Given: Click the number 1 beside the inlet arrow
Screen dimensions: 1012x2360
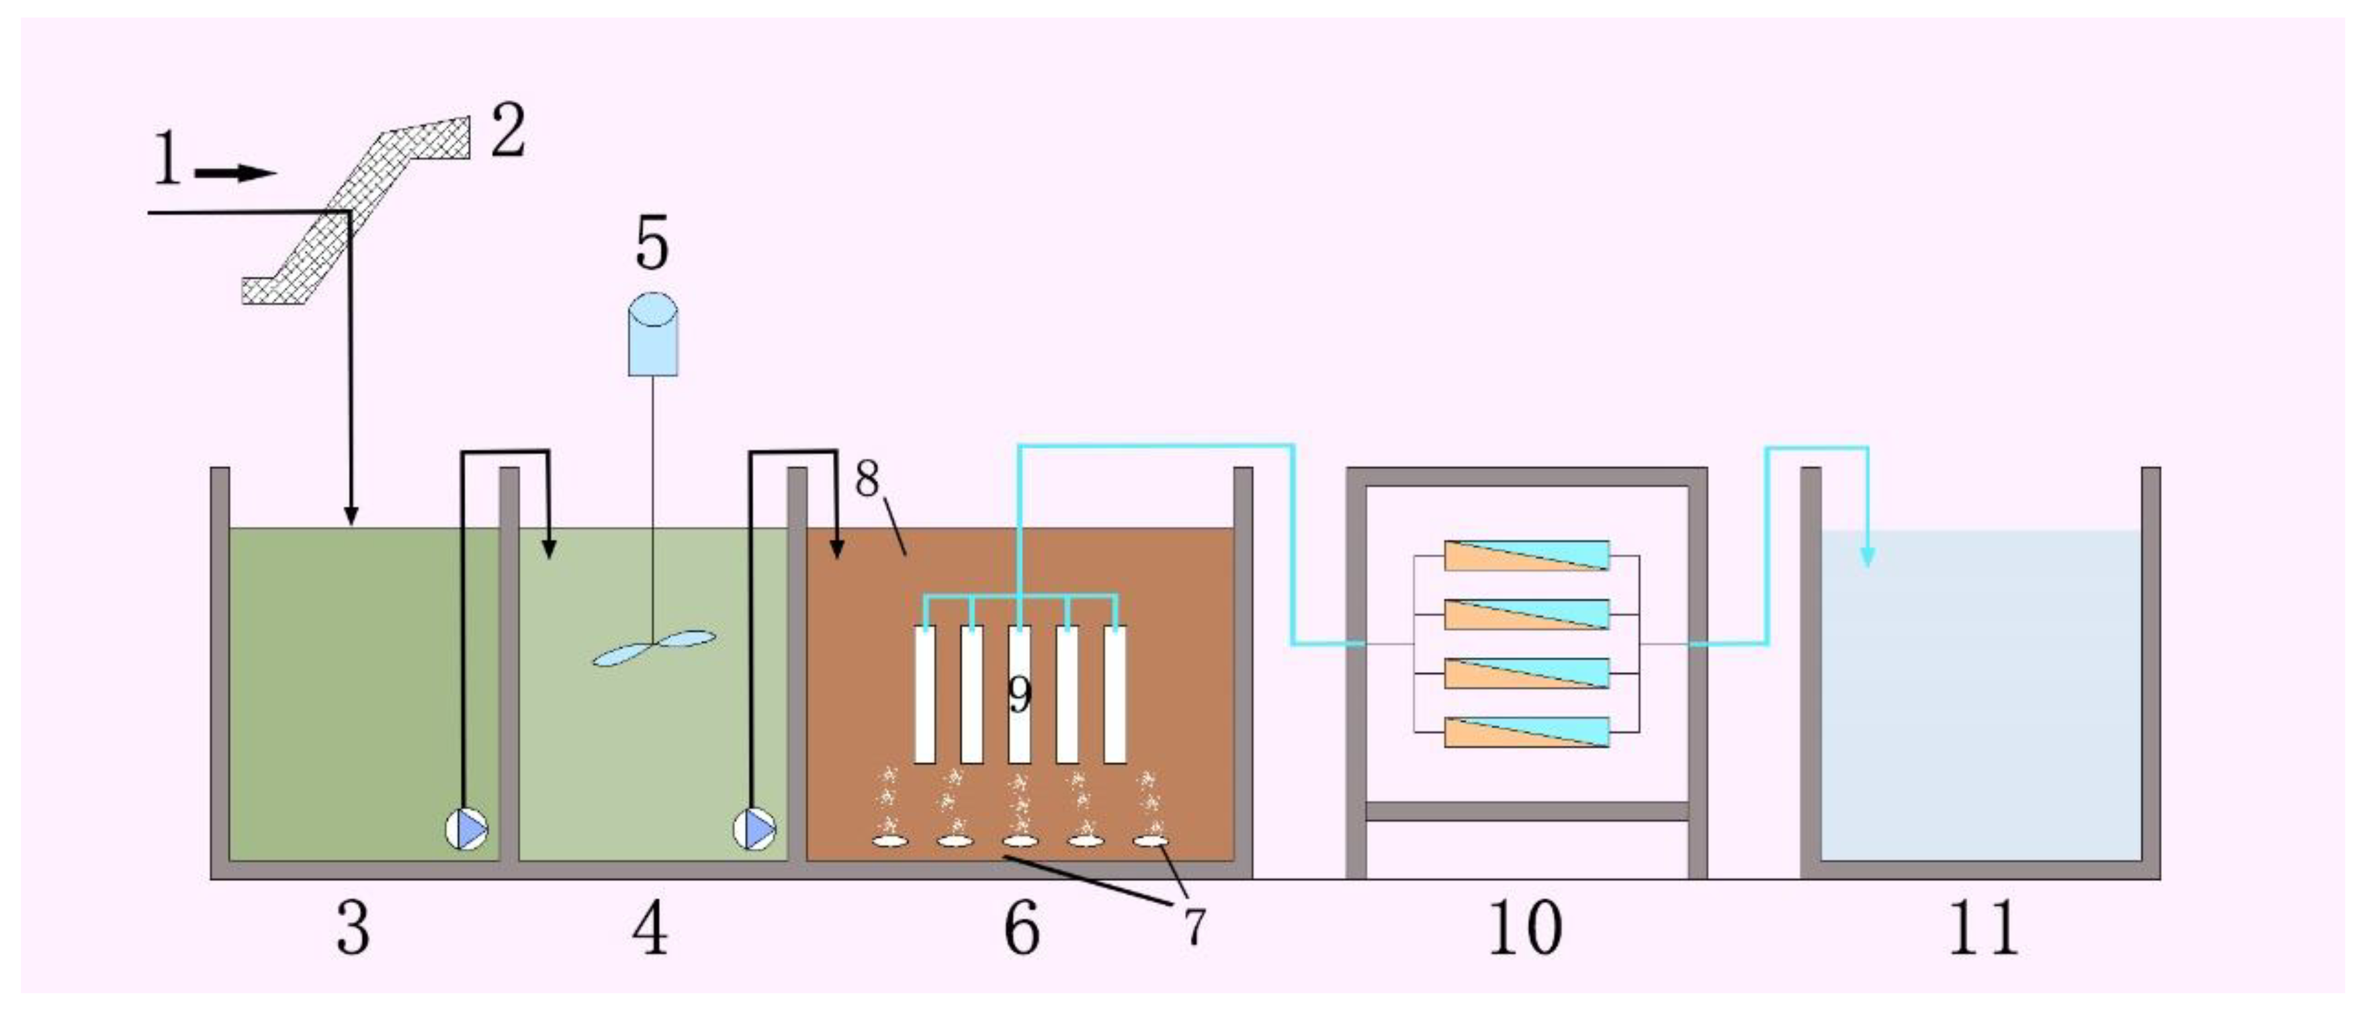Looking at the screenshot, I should pyautogui.click(x=167, y=159).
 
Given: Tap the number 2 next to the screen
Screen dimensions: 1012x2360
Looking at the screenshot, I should pyautogui.click(x=509, y=130).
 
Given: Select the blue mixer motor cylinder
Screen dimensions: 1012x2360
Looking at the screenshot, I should pyautogui.click(x=653, y=335).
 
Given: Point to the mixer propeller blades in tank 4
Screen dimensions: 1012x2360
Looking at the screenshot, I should pyautogui.click(x=652, y=647).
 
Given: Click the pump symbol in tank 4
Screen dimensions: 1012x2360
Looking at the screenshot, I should pyautogui.click(x=755, y=830).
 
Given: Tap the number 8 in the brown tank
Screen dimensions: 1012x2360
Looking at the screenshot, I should pyautogui.click(x=867, y=478).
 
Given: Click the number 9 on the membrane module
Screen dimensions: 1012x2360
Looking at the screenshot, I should pyautogui.click(x=1020, y=694).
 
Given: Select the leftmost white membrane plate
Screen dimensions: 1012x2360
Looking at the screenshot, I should pyautogui.click(x=925, y=694).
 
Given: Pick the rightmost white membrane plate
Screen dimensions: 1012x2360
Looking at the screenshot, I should pyautogui.click(x=1115, y=694).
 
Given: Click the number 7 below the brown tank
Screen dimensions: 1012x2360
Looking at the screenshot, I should pyautogui.click(x=1194, y=926).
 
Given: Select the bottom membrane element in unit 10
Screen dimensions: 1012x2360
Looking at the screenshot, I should pyautogui.click(x=1527, y=732).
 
